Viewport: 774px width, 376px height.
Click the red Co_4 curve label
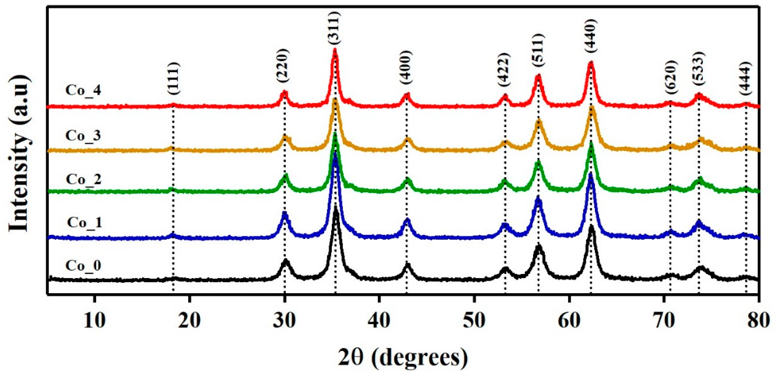pyautogui.click(x=83, y=90)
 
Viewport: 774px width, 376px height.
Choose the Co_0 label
pyautogui.click(x=83, y=265)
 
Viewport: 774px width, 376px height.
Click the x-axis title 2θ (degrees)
pyautogui.click(x=403, y=358)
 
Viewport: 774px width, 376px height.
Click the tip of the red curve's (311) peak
pyautogui.click(x=335, y=51)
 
